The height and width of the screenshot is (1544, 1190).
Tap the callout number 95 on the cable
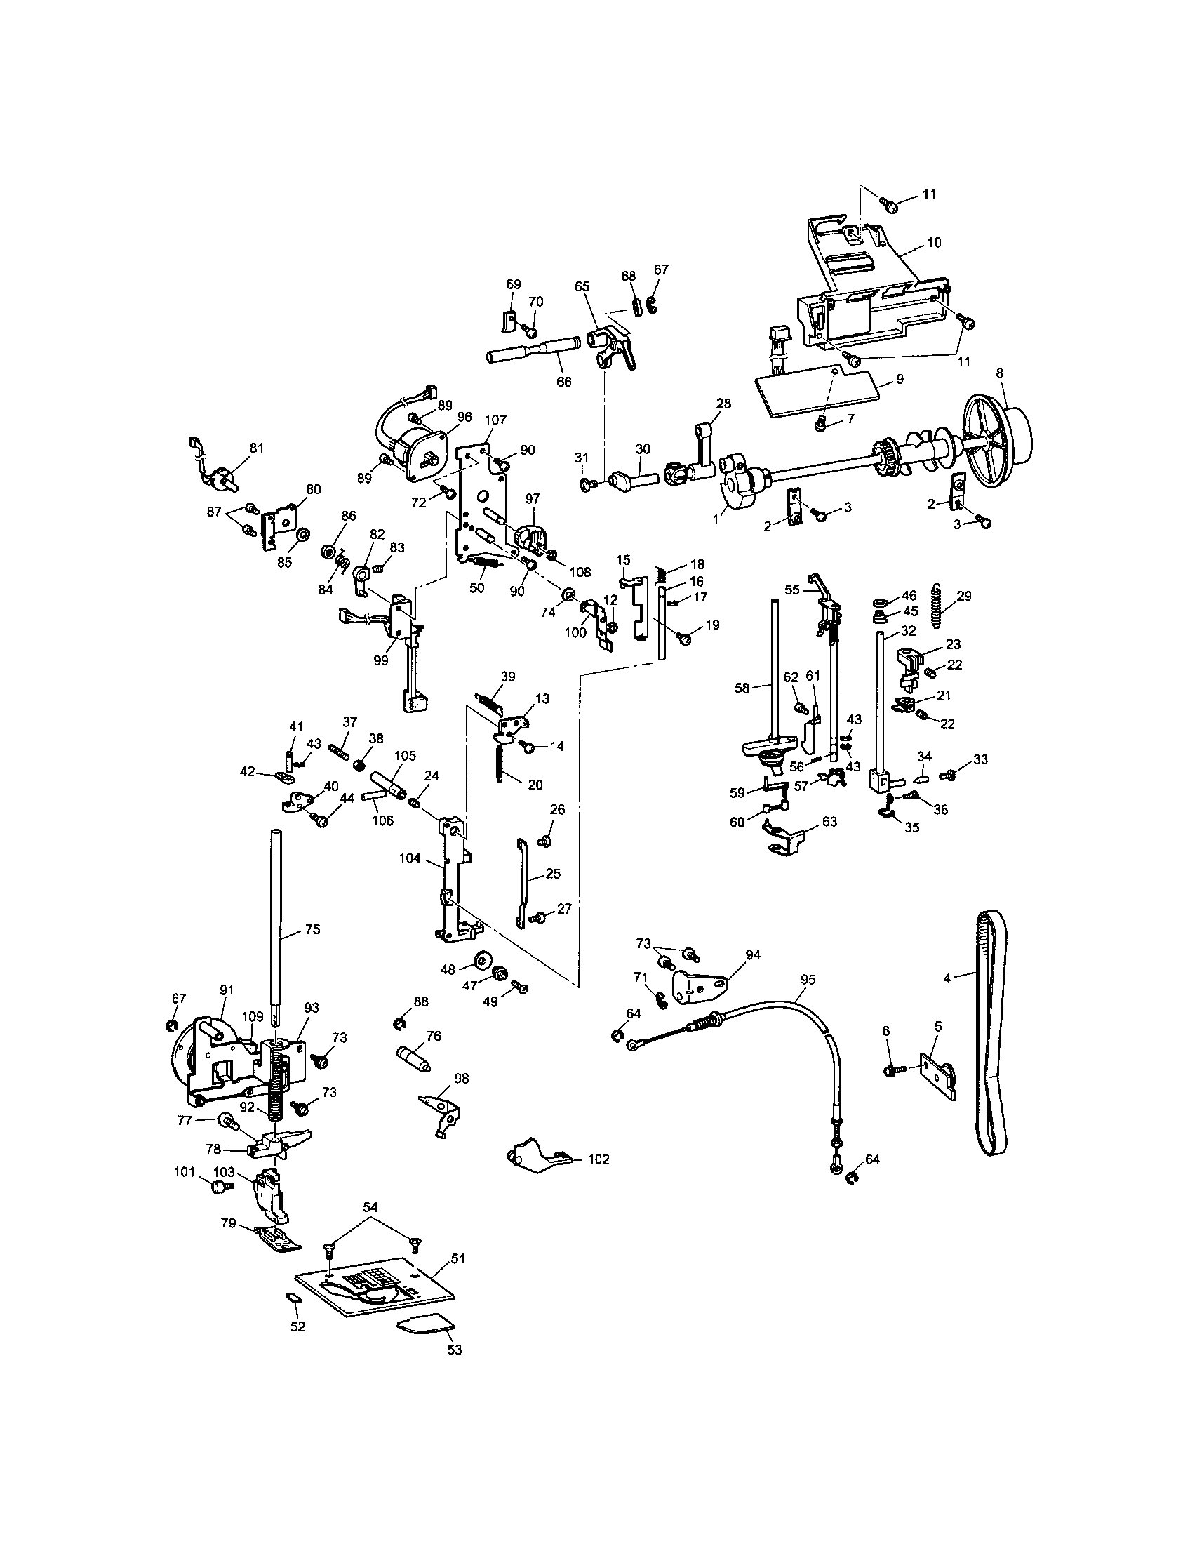808,979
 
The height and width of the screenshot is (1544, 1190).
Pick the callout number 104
410,858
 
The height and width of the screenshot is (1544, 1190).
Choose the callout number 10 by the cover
933,243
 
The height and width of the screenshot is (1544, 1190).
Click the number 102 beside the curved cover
597,1159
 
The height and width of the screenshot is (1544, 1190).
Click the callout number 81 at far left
256,448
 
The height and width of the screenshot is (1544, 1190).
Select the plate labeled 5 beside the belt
936,1077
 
